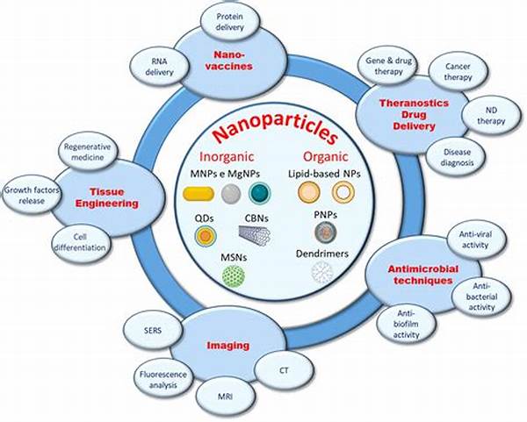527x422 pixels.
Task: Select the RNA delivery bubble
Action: [160, 67]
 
